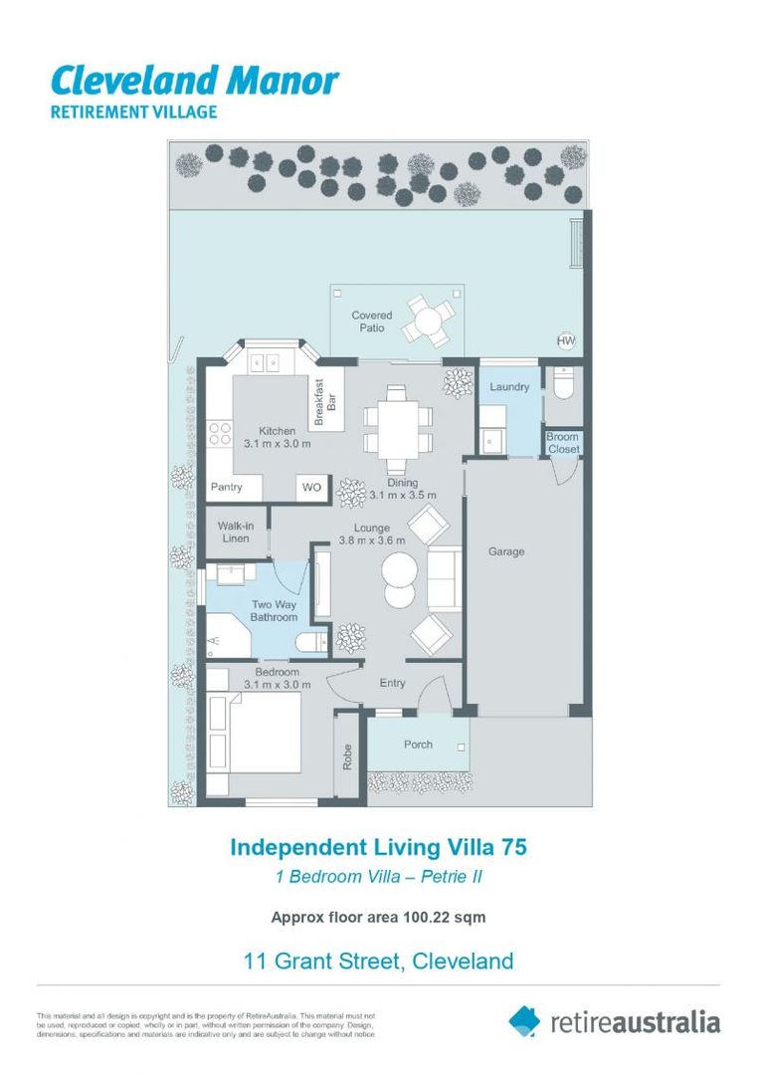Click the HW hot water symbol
click(566, 341)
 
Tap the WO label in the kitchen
click(311, 488)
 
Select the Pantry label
click(227, 488)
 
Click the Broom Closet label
click(563, 443)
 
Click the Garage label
click(506, 551)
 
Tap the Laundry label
click(509, 386)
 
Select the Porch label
click(418, 745)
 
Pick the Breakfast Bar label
click(319, 403)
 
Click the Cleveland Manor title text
click(194, 80)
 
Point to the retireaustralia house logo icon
click(524, 1020)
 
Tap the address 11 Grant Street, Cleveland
click(379, 962)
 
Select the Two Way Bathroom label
click(274, 611)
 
